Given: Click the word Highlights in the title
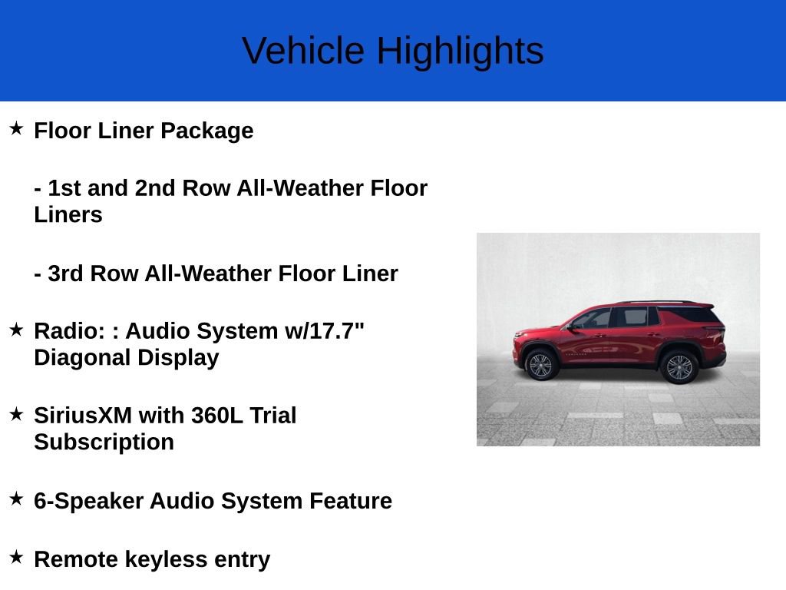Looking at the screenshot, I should coord(460,51).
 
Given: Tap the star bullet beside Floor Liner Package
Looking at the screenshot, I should coord(16,128).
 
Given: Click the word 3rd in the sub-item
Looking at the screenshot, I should coord(65,273).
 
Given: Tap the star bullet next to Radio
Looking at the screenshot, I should coord(16,330).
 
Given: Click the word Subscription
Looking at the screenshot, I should coord(104,442).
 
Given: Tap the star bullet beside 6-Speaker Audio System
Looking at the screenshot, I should coord(16,499).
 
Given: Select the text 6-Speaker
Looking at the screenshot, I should coord(88,501).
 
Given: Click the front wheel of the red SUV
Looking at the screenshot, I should coord(540,365).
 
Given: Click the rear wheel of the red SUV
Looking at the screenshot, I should coord(679,366).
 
